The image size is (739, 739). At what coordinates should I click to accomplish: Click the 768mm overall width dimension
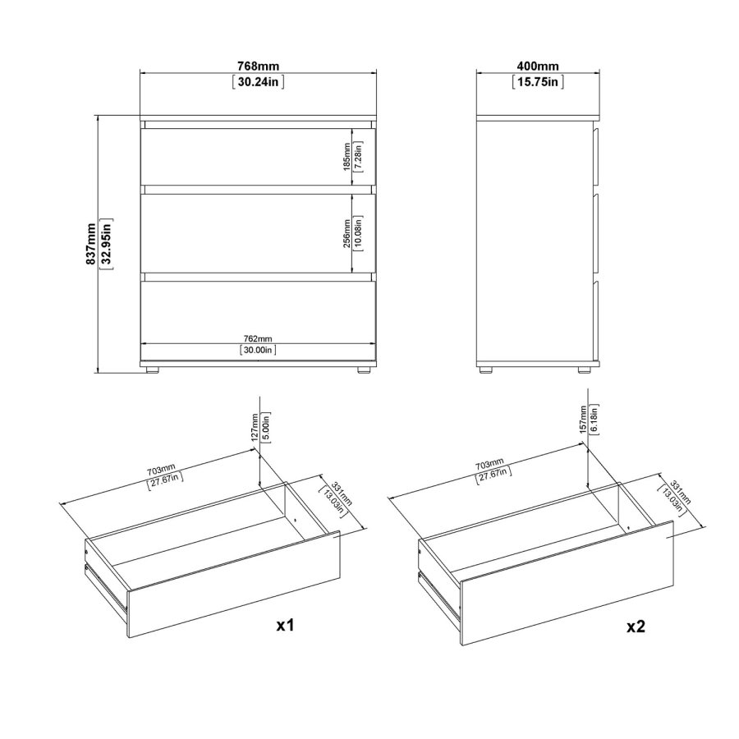[x=259, y=67]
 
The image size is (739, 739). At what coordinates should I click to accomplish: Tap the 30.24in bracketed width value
[x=259, y=82]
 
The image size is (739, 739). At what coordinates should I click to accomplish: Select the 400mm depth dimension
[x=538, y=67]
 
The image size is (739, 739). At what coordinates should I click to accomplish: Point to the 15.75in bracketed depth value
[x=538, y=82]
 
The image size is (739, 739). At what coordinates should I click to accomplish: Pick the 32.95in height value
[x=107, y=244]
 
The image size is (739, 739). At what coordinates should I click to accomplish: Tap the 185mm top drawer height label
[x=347, y=157]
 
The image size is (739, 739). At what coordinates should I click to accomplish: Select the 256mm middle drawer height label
[x=347, y=233]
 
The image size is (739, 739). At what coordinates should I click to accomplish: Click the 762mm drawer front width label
[x=258, y=338]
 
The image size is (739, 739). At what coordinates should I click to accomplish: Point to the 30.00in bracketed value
[x=258, y=350]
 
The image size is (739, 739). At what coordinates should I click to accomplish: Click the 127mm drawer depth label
[x=255, y=427]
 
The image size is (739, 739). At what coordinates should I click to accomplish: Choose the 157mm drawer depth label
[x=583, y=419]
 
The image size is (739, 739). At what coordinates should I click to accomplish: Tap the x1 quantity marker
[x=285, y=626]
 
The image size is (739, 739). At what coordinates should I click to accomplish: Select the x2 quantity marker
[x=636, y=627]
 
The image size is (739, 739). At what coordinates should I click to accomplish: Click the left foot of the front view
[x=152, y=370]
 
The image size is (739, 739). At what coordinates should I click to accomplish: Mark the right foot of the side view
[x=585, y=370]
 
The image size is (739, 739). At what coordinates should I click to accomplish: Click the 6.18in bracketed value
[x=594, y=419]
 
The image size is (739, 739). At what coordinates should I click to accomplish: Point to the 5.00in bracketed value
[x=266, y=427]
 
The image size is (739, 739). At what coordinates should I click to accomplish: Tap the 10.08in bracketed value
[x=358, y=233]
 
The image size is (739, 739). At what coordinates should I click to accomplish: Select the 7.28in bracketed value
[x=358, y=157]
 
